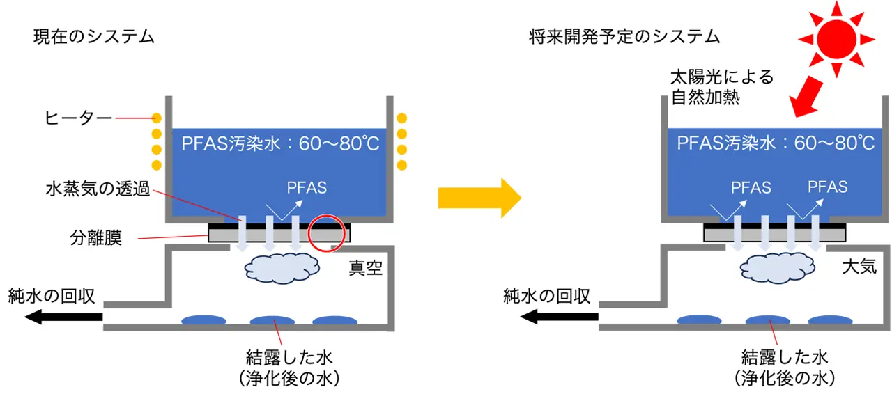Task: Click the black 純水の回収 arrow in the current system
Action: tap(64, 318)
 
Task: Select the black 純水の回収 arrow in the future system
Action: tap(560, 318)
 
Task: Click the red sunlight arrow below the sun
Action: tap(806, 95)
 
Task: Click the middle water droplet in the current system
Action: tap(272, 321)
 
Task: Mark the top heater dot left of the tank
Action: tap(156, 118)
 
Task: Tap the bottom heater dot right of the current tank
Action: tap(401, 164)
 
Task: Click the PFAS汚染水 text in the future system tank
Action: tap(776, 143)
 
